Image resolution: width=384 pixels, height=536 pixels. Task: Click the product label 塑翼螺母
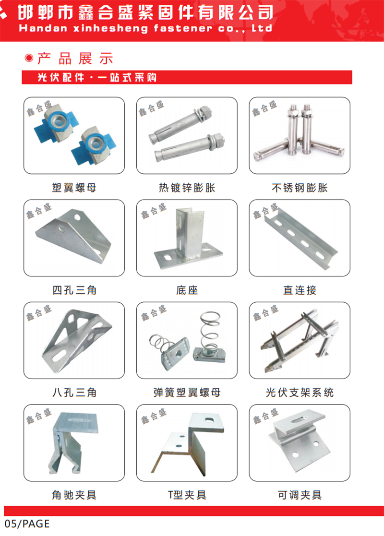tap(74, 188)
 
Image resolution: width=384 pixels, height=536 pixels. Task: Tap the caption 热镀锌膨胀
tap(187, 188)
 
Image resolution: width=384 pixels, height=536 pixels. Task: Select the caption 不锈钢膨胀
tap(300, 188)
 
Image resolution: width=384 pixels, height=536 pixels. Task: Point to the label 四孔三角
tap(74, 290)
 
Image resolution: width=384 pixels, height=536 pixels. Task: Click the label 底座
tap(187, 290)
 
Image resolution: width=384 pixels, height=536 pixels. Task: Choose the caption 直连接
tap(300, 290)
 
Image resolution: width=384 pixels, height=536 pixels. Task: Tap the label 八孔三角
tap(74, 392)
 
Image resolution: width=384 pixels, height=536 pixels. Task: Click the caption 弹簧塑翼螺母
tap(187, 392)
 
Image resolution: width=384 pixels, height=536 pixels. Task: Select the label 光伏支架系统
tap(300, 392)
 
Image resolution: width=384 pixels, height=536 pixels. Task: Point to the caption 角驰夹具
tap(74, 495)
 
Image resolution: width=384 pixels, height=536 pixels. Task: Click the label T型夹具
tap(187, 495)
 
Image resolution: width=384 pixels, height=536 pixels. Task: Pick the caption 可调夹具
tap(300, 495)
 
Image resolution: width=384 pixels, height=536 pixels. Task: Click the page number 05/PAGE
tap(27, 524)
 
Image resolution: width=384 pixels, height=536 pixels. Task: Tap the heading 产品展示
tap(75, 59)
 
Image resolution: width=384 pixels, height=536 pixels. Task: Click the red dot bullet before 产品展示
tap(29, 58)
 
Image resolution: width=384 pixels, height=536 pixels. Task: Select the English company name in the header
tap(145, 28)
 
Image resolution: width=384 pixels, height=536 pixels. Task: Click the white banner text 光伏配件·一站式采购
tap(97, 78)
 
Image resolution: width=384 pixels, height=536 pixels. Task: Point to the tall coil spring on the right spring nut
tap(209, 330)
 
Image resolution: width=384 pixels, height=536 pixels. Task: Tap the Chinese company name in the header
tap(145, 13)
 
